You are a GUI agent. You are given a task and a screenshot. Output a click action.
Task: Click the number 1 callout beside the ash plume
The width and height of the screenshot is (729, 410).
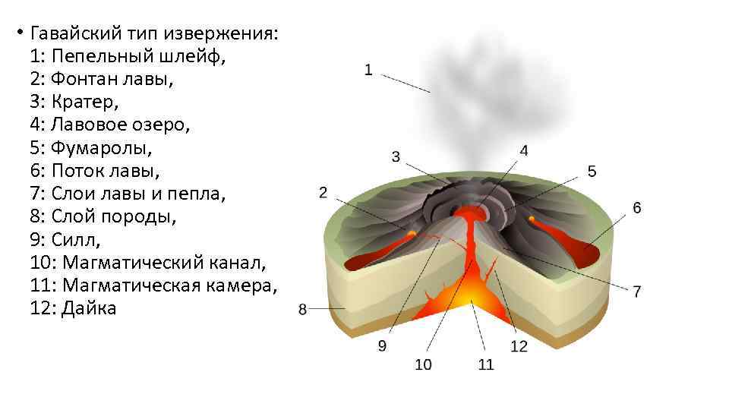[368, 71]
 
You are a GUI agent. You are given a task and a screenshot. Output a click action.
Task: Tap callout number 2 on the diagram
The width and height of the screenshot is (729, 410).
[323, 193]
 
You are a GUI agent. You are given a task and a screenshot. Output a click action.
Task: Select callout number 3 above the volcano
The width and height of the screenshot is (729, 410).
[396, 157]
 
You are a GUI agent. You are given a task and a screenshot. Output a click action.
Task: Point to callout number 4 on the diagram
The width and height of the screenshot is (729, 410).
[524, 150]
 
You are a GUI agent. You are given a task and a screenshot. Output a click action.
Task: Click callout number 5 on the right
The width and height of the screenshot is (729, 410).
[592, 172]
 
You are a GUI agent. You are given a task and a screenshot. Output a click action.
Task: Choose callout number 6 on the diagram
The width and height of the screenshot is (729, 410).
[636, 208]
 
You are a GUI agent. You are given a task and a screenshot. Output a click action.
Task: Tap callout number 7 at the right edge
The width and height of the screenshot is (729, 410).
[636, 292]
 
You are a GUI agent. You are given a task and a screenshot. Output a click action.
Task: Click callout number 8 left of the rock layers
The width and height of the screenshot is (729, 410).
[302, 309]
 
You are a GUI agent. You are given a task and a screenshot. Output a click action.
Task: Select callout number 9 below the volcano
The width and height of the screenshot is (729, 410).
[382, 346]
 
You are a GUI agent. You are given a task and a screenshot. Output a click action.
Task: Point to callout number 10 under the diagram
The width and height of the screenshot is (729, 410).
[423, 365]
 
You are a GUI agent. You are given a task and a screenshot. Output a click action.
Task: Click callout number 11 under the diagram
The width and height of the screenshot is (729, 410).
[486, 365]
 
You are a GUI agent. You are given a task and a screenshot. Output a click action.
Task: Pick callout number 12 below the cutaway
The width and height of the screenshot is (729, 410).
[519, 346]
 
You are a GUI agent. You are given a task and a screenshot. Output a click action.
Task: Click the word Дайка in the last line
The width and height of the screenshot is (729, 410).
[90, 309]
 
